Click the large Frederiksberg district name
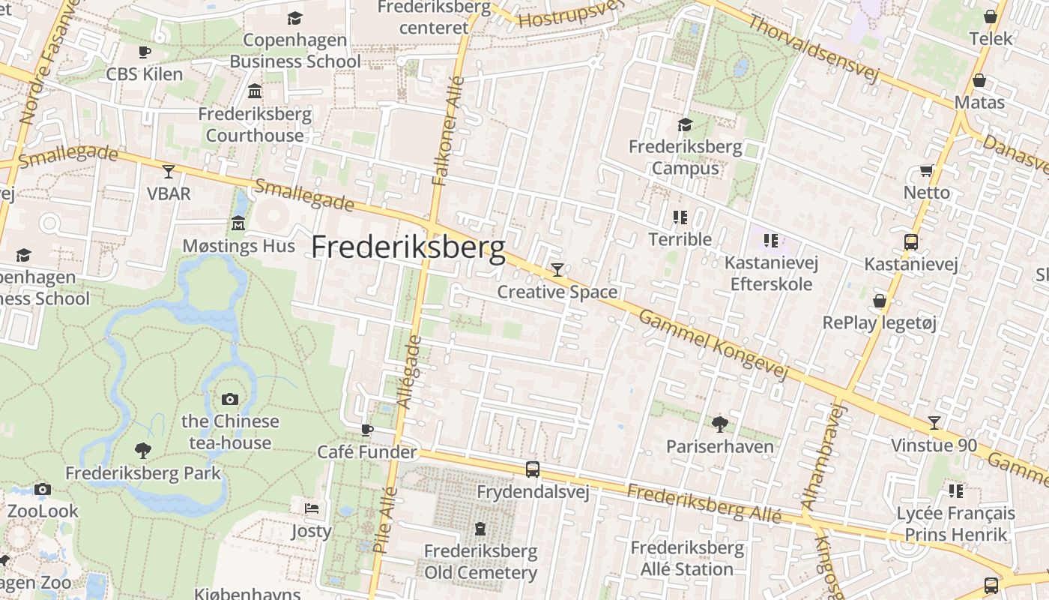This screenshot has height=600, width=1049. tap(408, 247)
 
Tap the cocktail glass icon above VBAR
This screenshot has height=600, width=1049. tap(169, 172)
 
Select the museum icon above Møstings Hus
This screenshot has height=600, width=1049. tap(238, 223)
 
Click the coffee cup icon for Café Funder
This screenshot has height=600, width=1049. tap(366, 430)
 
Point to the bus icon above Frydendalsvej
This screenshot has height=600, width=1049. tap(533, 469)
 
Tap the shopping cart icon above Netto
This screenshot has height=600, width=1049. tap(926, 170)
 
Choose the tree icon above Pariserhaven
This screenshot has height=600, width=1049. tap(719, 424)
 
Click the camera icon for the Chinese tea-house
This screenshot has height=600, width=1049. tap(230, 399)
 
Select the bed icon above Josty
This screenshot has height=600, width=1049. tap(312, 508)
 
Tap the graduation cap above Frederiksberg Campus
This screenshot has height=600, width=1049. tap(685, 124)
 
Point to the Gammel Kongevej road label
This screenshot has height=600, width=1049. tap(714, 344)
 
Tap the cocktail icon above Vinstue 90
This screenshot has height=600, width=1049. tap(934, 423)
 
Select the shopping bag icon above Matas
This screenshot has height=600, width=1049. tap(979, 80)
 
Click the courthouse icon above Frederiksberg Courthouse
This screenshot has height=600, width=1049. tap(255, 91)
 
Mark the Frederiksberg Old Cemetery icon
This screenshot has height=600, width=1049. tap(480, 529)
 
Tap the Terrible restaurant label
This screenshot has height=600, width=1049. tap(680, 239)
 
